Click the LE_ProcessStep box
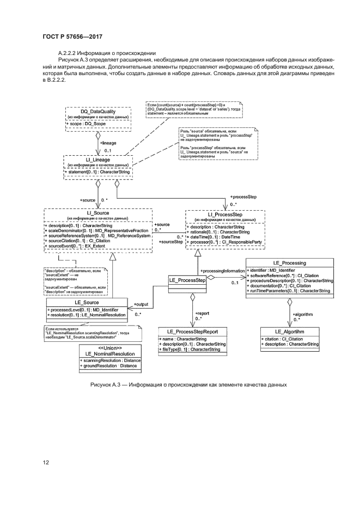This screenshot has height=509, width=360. click(186, 280)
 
